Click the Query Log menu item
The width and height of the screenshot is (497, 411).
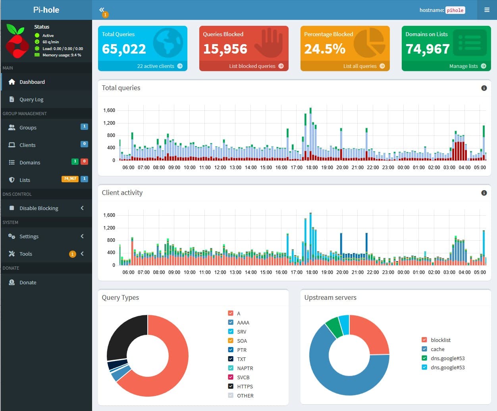(x=31, y=99)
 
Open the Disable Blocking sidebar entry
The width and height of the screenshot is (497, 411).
(x=39, y=208)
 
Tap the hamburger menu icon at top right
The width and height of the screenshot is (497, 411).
(x=487, y=10)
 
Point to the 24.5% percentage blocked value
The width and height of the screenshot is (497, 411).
(x=325, y=49)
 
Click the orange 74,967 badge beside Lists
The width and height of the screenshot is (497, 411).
(x=70, y=179)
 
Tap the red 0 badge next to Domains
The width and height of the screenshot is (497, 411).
(x=84, y=161)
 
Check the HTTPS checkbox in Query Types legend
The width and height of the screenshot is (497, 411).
(x=231, y=386)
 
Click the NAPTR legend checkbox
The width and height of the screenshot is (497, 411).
(x=231, y=368)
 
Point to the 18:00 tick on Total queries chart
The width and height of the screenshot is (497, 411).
(x=312, y=168)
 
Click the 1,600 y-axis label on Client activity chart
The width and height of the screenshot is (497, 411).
(x=109, y=215)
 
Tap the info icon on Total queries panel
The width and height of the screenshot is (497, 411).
(x=484, y=88)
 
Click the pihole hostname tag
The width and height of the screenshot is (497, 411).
(x=455, y=10)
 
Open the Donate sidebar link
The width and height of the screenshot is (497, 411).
(x=28, y=282)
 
